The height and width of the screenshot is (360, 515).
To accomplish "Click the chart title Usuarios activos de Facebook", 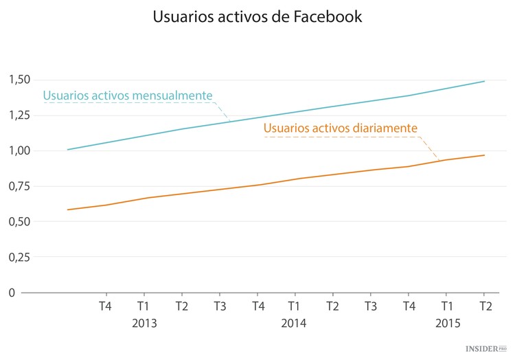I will point(257,17).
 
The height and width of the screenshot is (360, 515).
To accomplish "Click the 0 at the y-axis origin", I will point(12,293).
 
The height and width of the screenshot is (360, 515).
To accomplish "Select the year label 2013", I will point(144,323).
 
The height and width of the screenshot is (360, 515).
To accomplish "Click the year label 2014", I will point(294,323).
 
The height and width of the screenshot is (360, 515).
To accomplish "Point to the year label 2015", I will point(448,323).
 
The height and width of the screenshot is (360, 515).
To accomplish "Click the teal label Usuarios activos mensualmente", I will point(128,95).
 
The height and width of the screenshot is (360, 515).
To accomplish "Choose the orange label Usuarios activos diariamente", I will point(341,128).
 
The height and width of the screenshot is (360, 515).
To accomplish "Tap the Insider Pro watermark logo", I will point(490,349).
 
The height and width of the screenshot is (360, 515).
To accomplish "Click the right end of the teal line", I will point(485,81).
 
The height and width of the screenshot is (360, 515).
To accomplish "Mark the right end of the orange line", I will point(485,155).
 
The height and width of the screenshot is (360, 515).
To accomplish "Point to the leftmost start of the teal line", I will point(67,149).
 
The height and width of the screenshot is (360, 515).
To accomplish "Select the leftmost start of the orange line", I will point(67,210).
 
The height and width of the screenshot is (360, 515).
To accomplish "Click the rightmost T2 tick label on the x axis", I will point(485,306).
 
